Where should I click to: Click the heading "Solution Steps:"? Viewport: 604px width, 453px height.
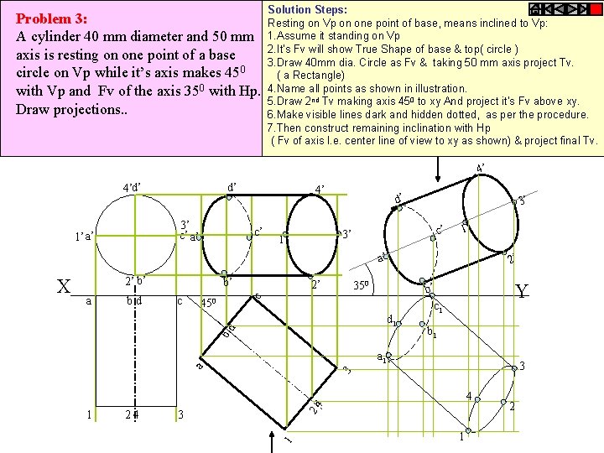coord(302,9)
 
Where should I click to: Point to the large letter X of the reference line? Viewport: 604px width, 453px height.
coord(64,287)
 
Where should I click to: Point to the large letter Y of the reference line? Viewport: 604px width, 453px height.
coord(522,291)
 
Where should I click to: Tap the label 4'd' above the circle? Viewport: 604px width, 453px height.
coord(132,186)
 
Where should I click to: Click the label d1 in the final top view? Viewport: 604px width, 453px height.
coord(391,318)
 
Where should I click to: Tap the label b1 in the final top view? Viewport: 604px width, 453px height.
coord(431,334)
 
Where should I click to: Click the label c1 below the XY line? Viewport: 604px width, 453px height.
coord(438,308)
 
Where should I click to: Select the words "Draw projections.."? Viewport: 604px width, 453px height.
coord(71,110)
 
